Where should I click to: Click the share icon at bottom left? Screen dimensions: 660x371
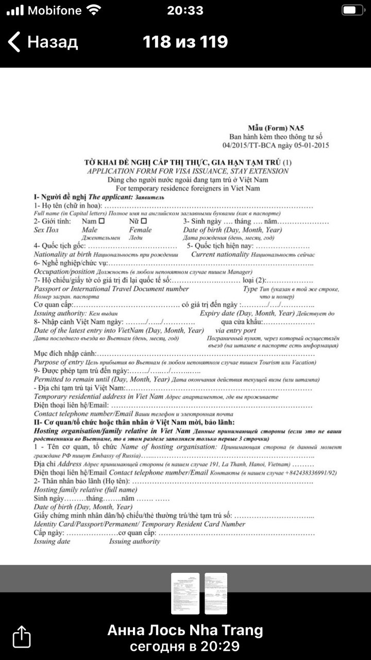pos(22,636)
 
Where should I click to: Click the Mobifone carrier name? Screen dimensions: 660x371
pos(54,10)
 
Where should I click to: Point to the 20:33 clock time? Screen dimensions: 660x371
pos(185,10)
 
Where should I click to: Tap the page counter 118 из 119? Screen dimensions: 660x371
pos(185,42)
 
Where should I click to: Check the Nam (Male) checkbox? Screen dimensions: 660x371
pos(102,221)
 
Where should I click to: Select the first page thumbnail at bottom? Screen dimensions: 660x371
pos(185,593)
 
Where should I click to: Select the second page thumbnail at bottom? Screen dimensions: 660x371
pos(216,593)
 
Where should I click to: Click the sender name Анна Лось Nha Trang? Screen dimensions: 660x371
pos(185,630)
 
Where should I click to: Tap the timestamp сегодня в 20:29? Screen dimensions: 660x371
pos(185,647)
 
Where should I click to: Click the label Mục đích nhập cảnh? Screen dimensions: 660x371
pos(64,354)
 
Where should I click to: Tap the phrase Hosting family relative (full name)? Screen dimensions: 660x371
pos(86,489)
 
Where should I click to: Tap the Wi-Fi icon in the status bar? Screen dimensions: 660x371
pos(94,10)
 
